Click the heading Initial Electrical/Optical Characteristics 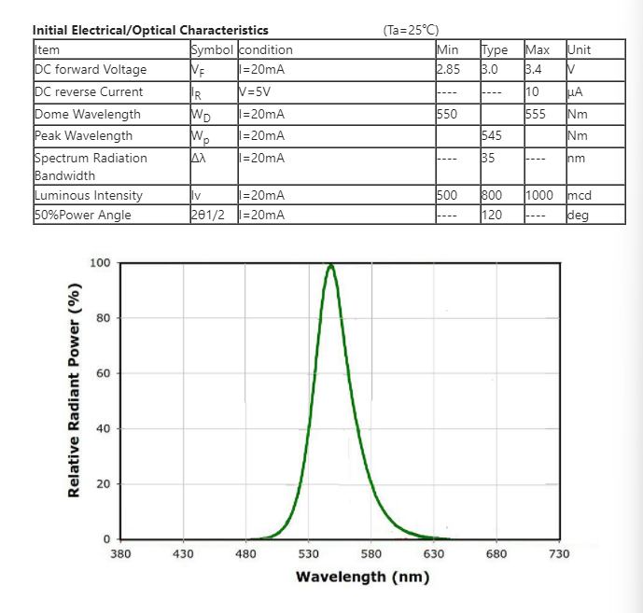click(x=150, y=30)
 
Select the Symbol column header click(x=213, y=49)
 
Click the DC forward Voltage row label click(x=90, y=69)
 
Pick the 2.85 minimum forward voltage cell click(x=448, y=69)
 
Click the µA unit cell click(x=575, y=91)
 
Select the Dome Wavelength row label click(x=88, y=114)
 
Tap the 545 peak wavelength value click(x=492, y=135)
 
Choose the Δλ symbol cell click(x=198, y=158)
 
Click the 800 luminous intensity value click(x=492, y=195)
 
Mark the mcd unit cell click(x=580, y=195)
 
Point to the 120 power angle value click(x=492, y=215)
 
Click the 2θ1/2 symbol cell click(x=209, y=215)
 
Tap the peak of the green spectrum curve click(x=330, y=265)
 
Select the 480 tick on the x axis click(x=245, y=553)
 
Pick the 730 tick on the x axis click(x=558, y=553)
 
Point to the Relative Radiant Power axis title click(x=75, y=402)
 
